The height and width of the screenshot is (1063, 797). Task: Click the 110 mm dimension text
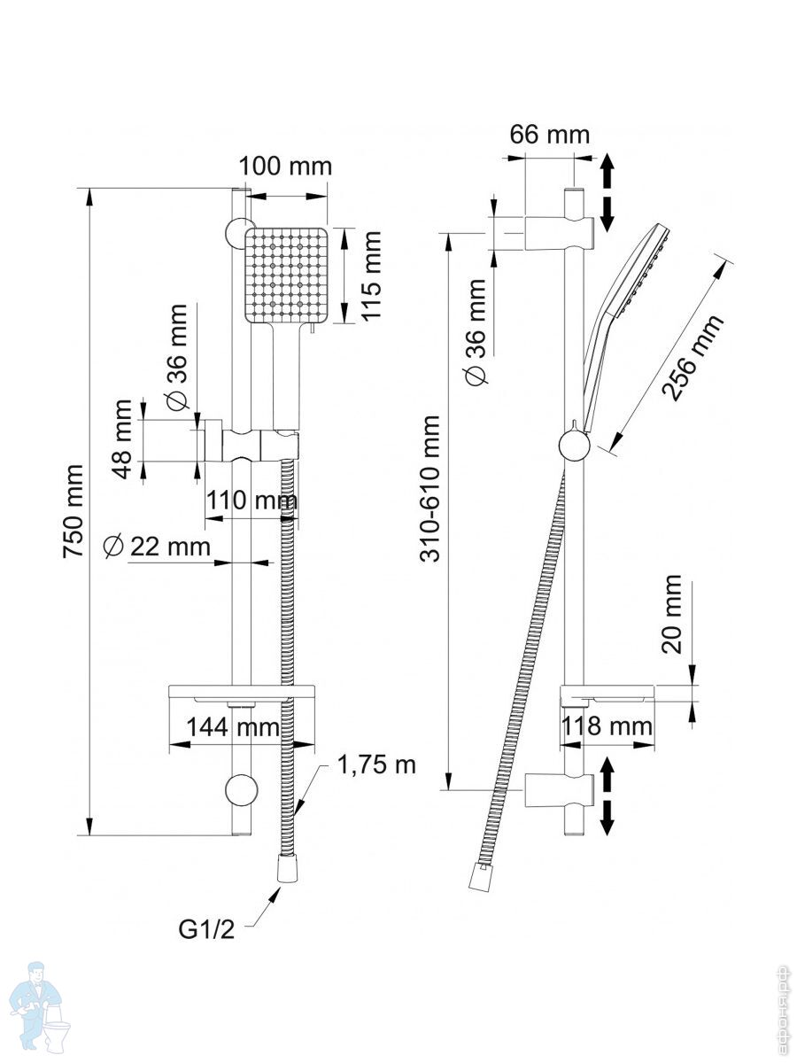click(251, 501)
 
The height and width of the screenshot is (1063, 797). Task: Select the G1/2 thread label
click(206, 930)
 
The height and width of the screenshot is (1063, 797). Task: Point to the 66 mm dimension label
click(549, 135)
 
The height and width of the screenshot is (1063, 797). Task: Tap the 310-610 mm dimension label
click(432, 487)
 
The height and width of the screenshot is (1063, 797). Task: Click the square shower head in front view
click(286, 275)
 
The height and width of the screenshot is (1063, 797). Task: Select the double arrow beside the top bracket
click(608, 192)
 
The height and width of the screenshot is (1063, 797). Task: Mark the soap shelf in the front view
click(241, 692)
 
